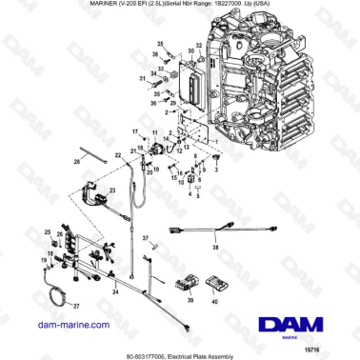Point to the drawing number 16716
pyautogui.click(x=340, y=343)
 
